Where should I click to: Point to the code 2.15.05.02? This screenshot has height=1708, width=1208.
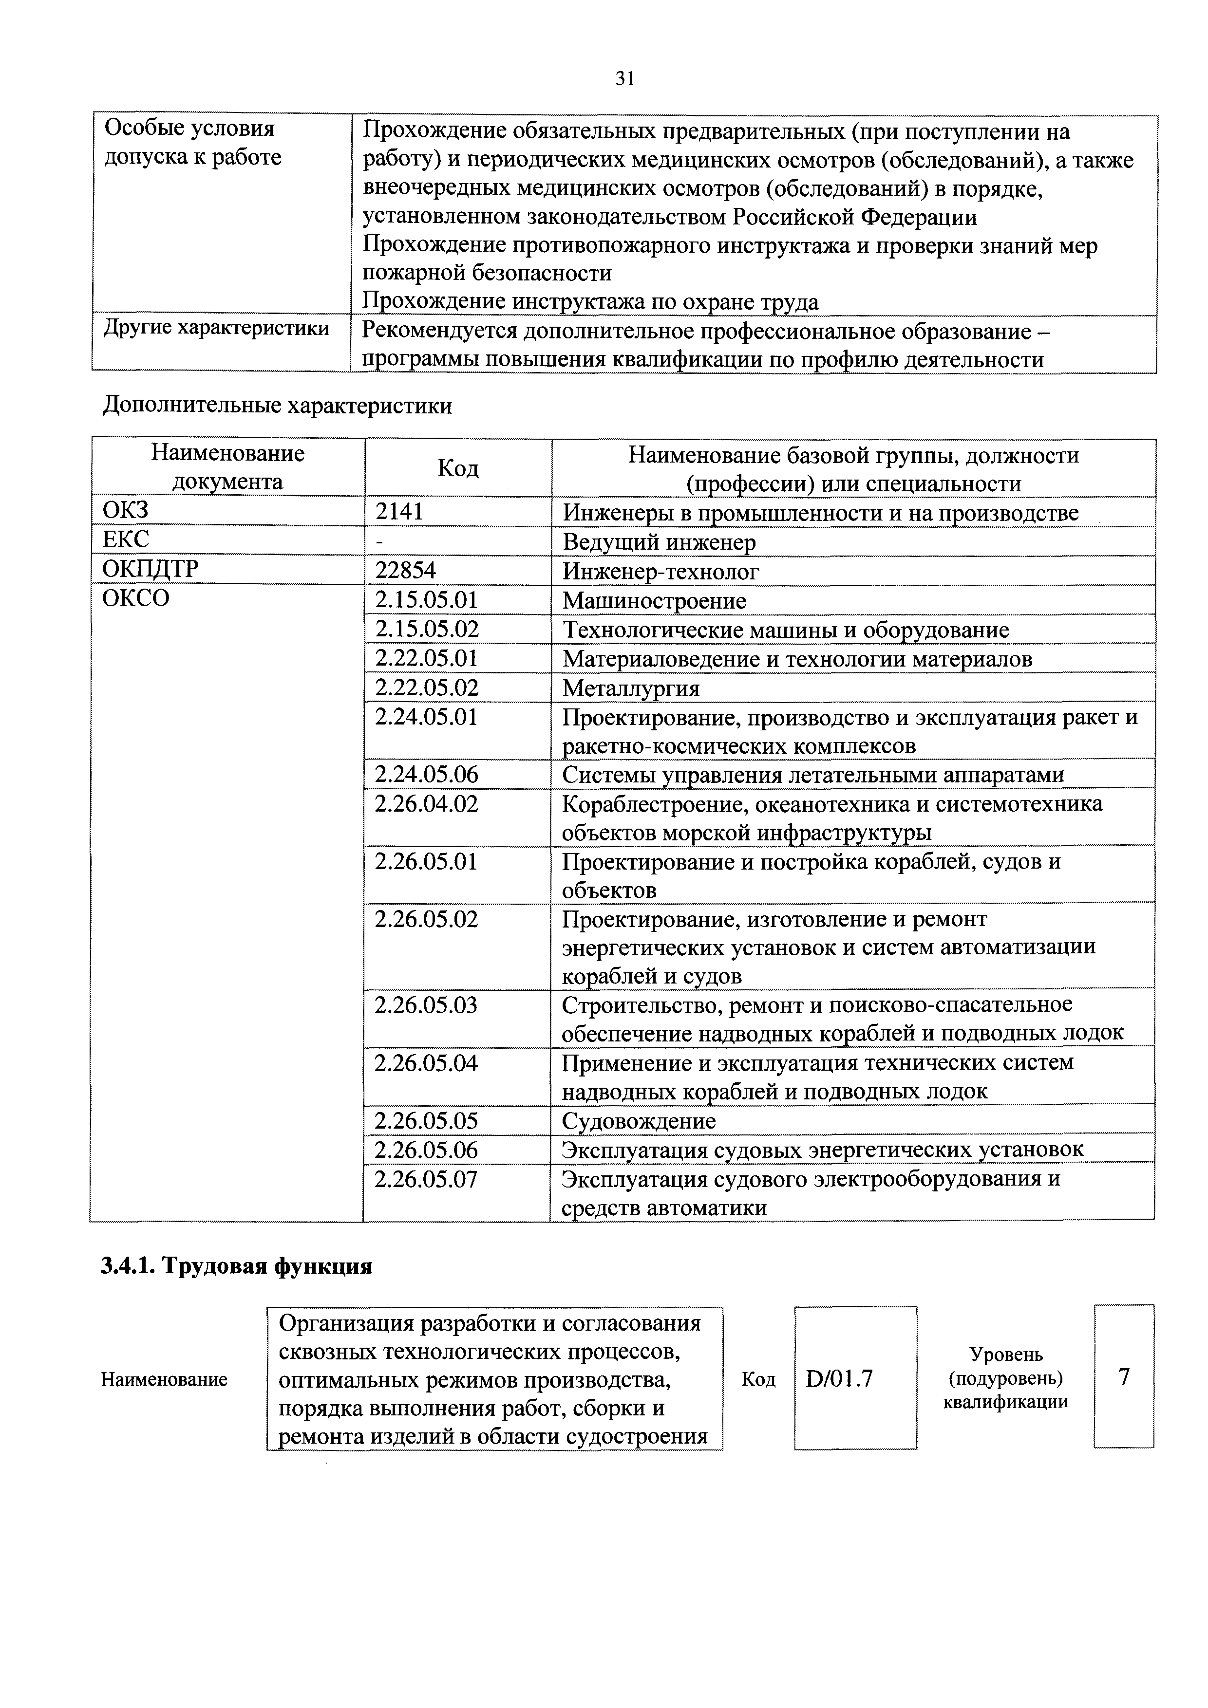(427, 630)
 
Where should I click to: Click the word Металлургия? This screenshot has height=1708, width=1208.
(631, 688)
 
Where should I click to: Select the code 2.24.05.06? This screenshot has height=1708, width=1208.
(427, 775)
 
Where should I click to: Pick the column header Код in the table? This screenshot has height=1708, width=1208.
(458, 468)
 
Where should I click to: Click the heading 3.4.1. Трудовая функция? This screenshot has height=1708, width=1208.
(237, 1265)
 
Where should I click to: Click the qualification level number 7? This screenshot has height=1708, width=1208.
(1124, 1377)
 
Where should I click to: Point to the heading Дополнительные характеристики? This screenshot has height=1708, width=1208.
(277, 406)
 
